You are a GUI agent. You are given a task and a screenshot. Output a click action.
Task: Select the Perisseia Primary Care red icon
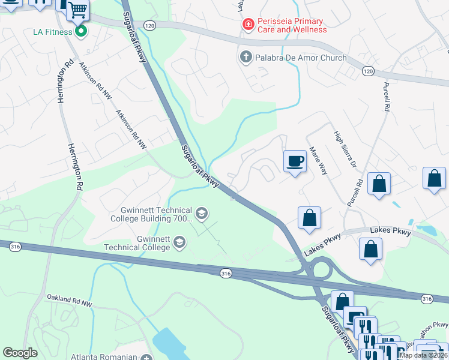(247, 25)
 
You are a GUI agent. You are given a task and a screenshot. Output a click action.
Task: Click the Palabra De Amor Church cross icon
(245, 58)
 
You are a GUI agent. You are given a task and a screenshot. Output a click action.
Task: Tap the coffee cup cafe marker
(295, 162)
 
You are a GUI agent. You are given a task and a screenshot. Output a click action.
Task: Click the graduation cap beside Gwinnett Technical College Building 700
(202, 212)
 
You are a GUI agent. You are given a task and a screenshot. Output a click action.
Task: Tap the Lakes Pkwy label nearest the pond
(391, 231)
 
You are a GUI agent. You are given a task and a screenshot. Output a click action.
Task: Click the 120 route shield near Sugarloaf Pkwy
(149, 25)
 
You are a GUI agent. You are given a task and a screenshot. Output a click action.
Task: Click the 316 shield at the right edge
(427, 298)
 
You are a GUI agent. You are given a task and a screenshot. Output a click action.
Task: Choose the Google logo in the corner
(20, 353)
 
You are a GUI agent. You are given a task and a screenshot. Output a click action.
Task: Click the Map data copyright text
(423, 355)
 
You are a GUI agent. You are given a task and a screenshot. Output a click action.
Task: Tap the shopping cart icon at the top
(77, 10)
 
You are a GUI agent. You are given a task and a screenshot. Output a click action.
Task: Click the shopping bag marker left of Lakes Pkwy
(309, 218)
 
